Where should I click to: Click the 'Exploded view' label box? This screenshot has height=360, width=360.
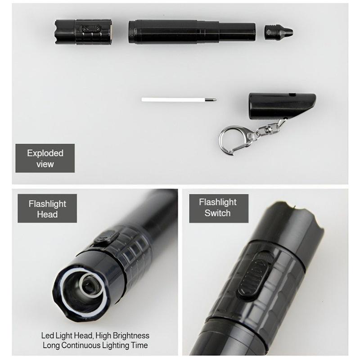click(45, 158)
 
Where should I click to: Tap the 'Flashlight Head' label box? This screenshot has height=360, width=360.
click(47, 208)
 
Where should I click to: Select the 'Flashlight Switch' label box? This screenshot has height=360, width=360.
click(219, 208)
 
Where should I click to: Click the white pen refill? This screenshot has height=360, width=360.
click(179, 99)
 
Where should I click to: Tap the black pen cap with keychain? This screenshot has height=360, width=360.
click(282, 106)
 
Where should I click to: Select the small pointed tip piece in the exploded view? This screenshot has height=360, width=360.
click(279, 32)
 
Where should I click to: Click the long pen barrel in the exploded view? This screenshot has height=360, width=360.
click(192, 31)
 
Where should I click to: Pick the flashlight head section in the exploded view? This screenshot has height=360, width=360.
click(83, 31)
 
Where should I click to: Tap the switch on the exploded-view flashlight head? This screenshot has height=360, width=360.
click(91, 29)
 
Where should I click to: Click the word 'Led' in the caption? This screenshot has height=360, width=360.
click(47, 336)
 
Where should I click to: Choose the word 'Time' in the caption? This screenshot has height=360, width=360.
click(139, 345)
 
